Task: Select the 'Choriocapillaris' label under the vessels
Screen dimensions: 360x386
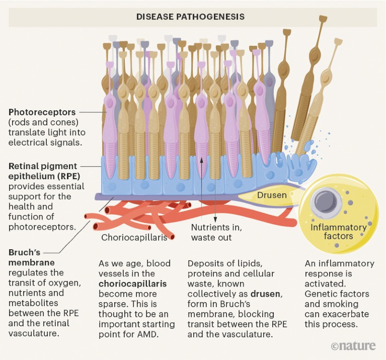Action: pos(134,237)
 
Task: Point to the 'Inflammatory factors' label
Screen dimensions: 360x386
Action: pos(338,232)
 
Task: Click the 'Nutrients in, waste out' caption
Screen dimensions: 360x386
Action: pos(217,232)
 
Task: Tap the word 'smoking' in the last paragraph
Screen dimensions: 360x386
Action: pos(334,304)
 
